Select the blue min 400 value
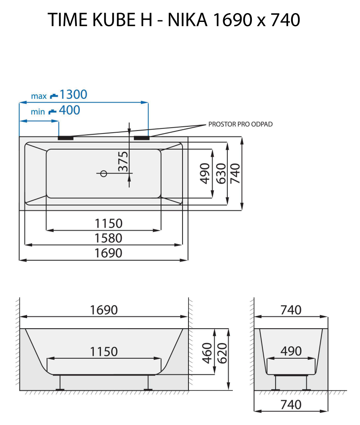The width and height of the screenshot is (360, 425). [69, 111]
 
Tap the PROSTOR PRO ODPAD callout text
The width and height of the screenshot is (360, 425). [240, 124]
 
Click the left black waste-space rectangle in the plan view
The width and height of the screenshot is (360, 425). [65, 137]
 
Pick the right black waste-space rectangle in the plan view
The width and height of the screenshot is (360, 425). [142, 137]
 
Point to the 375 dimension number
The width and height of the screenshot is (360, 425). [123, 161]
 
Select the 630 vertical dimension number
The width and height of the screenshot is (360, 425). [220, 173]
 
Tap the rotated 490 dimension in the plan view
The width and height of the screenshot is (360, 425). [205, 173]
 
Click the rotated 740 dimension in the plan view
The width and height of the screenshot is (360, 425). [235, 173]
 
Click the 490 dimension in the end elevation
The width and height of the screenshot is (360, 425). [291, 351]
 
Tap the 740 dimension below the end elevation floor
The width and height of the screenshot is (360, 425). [291, 405]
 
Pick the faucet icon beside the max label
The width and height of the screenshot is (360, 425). [53, 96]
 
